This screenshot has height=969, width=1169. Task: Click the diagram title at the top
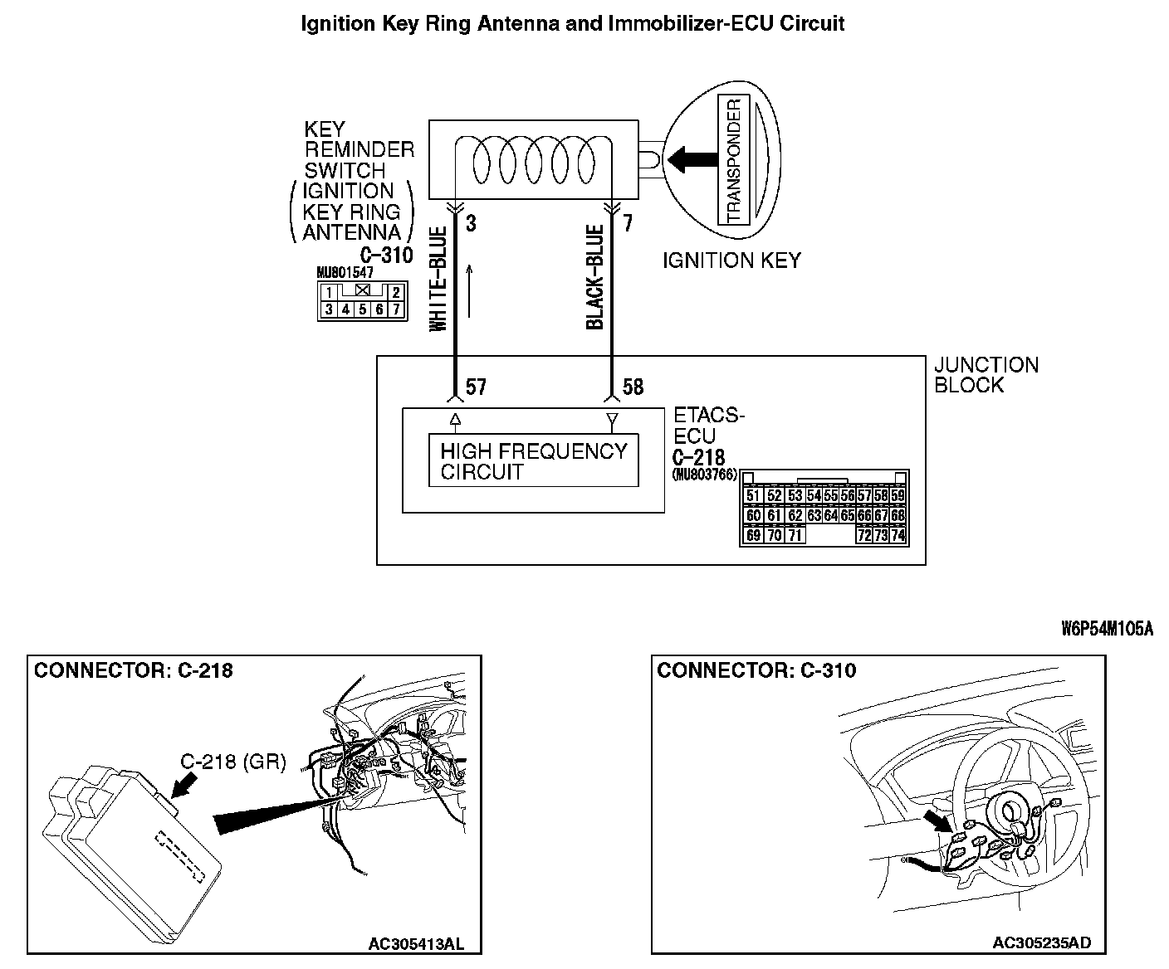point(572,23)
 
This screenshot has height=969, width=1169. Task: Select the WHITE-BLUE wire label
point(438,279)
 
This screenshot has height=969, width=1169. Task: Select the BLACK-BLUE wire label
point(594,277)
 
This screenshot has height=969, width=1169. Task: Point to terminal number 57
point(476,387)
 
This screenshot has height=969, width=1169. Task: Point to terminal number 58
point(633,387)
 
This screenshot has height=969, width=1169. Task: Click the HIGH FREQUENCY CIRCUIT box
point(533,461)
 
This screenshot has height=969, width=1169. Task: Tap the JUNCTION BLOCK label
point(986,375)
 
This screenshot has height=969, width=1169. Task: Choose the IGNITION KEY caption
point(731,261)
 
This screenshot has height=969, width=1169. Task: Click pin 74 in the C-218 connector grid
point(897,535)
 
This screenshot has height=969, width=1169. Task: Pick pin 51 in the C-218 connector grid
point(753,495)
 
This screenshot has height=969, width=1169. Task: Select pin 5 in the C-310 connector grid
point(363,310)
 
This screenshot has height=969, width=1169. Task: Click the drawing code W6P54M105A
point(1107,628)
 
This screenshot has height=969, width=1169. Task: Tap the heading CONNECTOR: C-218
point(133,670)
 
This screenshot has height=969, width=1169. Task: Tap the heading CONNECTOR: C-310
point(756,670)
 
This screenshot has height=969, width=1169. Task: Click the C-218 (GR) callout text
point(233,761)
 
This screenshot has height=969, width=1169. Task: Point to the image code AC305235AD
point(1042,942)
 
